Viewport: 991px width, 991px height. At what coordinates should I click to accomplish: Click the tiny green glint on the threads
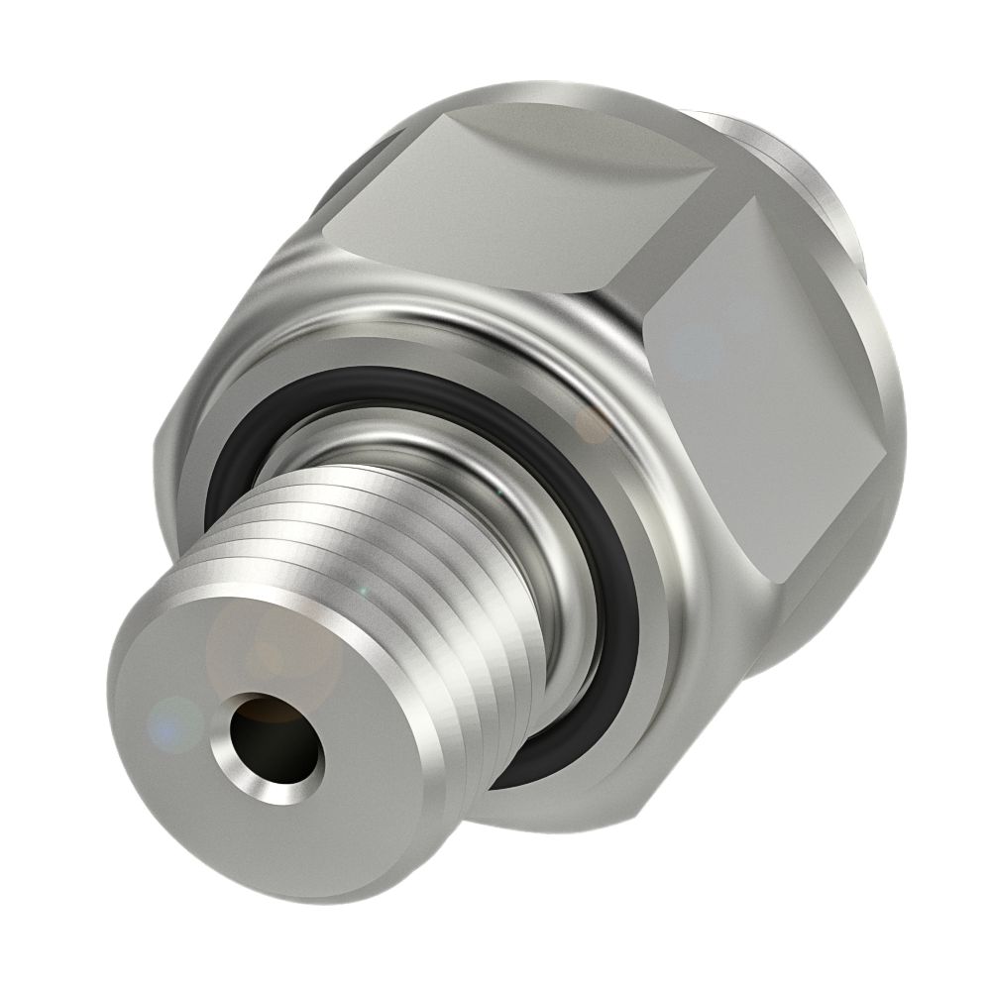tap(363, 591)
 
